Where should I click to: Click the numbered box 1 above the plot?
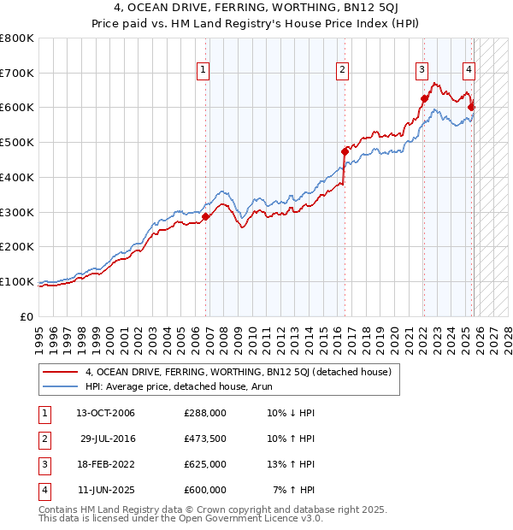pyautogui.click(x=203, y=71)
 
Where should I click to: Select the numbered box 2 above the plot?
pyautogui.click(x=342, y=71)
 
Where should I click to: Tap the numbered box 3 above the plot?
pyautogui.click(x=422, y=71)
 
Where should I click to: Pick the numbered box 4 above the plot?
pyautogui.click(x=469, y=71)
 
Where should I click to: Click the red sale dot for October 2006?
pyautogui.click(x=206, y=216)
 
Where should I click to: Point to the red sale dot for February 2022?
pyautogui.click(x=424, y=98)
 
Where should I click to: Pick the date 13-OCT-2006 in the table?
pyautogui.click(x=106, y=413)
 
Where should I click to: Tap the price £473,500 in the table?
pyautogui.click(x=205, y=439)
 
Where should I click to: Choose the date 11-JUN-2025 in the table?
pyautogui.click(x=106, y=490)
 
